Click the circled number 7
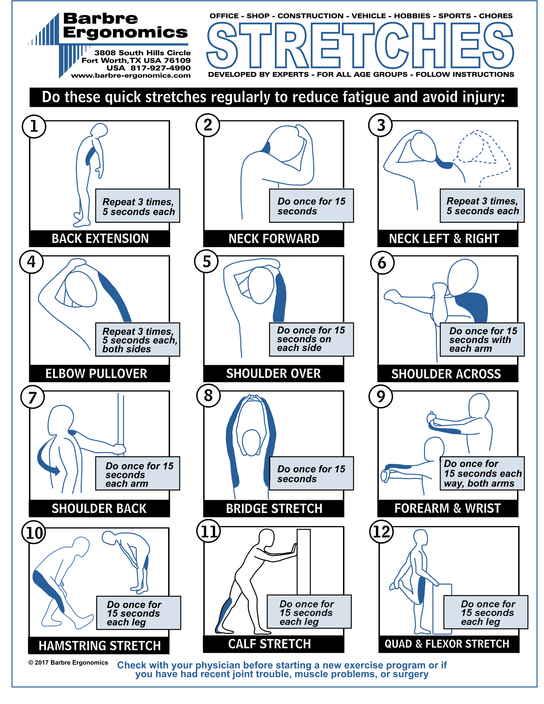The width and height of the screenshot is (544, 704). (32, 397)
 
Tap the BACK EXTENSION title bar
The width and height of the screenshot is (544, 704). (100, 238)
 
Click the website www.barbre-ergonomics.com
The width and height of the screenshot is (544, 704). (131, 76)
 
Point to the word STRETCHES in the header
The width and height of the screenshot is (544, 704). (360, 45)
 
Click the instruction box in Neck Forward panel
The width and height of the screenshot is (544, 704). (311, 206)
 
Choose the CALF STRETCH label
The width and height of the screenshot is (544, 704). (269, 644)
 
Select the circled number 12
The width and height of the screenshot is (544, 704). (381, 532)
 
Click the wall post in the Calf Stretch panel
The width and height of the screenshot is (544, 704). (303, 561)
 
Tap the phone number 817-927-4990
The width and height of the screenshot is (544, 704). (160, 68)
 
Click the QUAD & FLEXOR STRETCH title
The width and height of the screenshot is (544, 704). (447, 644)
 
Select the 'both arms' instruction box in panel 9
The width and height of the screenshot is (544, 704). (482, 473)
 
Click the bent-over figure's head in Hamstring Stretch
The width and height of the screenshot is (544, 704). (108, 538)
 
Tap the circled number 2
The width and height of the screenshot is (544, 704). (208, 125)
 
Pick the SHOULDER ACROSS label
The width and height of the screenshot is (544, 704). (446, 374)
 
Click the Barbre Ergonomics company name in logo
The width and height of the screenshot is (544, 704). (125, 26)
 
